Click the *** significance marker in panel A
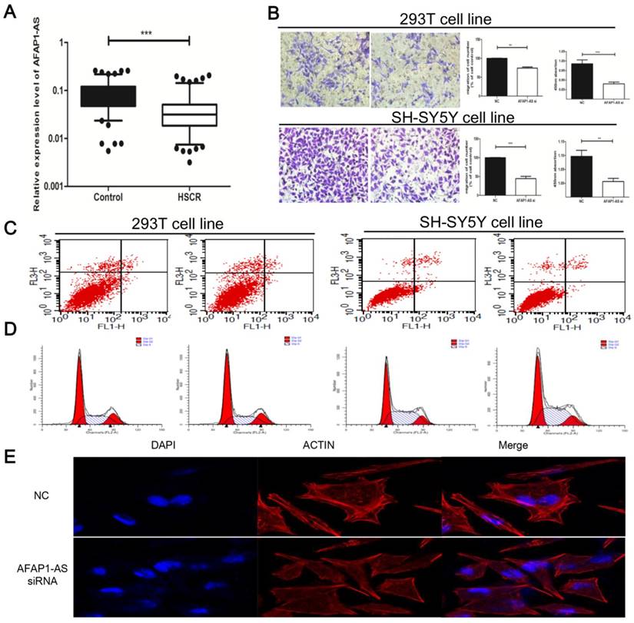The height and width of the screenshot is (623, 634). coord(148,32)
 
